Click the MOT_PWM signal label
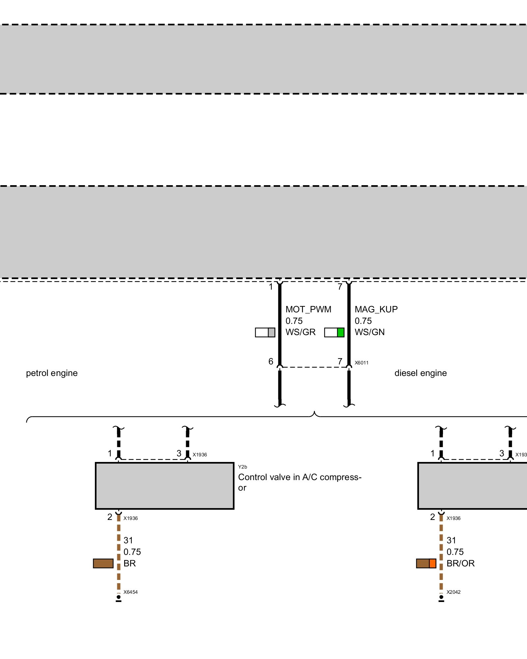tap(308, 309)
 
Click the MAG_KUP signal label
tap(376, 309)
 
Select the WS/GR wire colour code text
tap(300, 332)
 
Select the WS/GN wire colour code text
tap(370, 332)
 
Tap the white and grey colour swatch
tap(265, 332)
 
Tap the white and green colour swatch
tap(334, 332)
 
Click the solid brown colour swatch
tap(103, 563)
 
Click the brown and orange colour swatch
tap(426, 563)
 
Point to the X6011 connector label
tap(361, 363)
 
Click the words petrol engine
tap(52, 373)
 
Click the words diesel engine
tap(421, 373)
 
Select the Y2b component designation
tap(242, 467)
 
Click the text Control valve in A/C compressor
tap(299, 482)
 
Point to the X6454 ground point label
tap(130, 592)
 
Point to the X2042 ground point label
tap(454, 592)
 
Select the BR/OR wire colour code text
tap(460, 563)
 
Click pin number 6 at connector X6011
tap(271, 361)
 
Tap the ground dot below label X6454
tap(119, 597)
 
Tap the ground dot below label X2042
tap(441, 597)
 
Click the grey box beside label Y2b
tap(164, 486)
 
